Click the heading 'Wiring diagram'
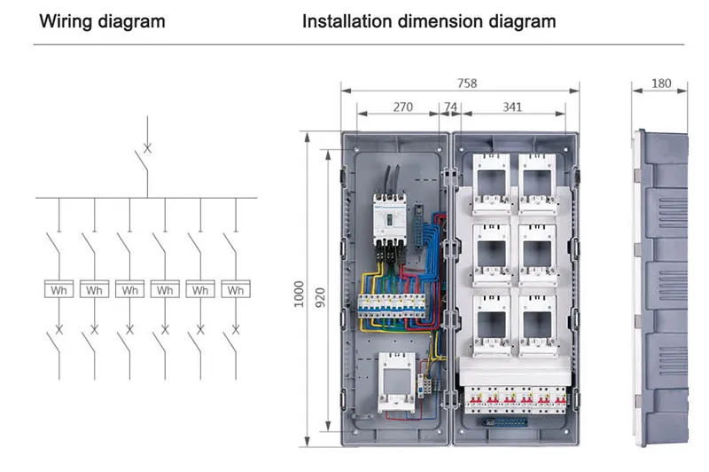point(102,21)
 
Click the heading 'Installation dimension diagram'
point(429,21)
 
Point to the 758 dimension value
point(467,83)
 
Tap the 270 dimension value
point(402,107)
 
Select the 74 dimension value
point(450,107)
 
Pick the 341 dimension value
point(512,107)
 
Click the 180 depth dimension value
point(661,83)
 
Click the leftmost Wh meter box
point(58,289)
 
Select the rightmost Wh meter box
point(236,289)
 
